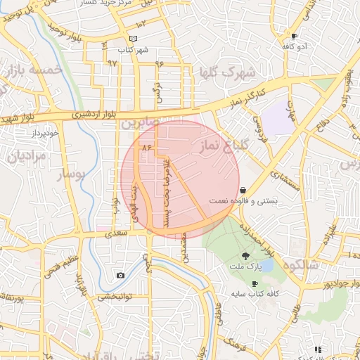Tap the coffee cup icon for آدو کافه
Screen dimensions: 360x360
pyautogui.click(x=294, y=36)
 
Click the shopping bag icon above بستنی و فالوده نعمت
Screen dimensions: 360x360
pyautogui.click(x=243, y=190)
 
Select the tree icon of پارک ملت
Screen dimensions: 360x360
pyautogui.click(x=245, y=256)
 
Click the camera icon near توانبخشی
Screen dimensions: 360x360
pyautogui.click(x=121, y=275)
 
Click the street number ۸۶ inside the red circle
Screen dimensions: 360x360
pyautogui.click(x=147, y=148)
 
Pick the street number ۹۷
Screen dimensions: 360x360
pyautogui.click(x=112, y=63)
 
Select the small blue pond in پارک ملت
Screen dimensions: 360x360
pyautogui.click(x=266, y=265)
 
